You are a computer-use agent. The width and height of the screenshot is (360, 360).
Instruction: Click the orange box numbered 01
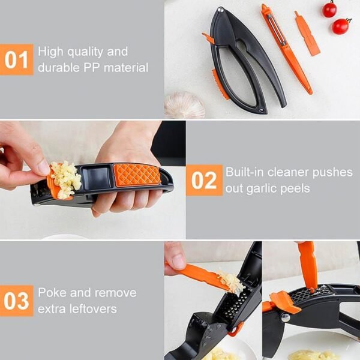16,60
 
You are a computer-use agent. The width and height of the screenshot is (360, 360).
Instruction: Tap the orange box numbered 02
203,180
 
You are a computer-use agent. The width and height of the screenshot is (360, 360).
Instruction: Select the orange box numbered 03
16,301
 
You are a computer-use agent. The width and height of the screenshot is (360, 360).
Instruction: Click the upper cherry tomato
329,9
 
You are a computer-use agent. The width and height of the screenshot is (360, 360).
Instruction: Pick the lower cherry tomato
341,26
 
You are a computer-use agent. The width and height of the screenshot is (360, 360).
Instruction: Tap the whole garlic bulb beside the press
184,104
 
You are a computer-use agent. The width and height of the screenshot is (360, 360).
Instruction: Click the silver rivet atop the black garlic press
220,10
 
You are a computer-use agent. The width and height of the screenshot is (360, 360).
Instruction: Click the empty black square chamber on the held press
97,178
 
